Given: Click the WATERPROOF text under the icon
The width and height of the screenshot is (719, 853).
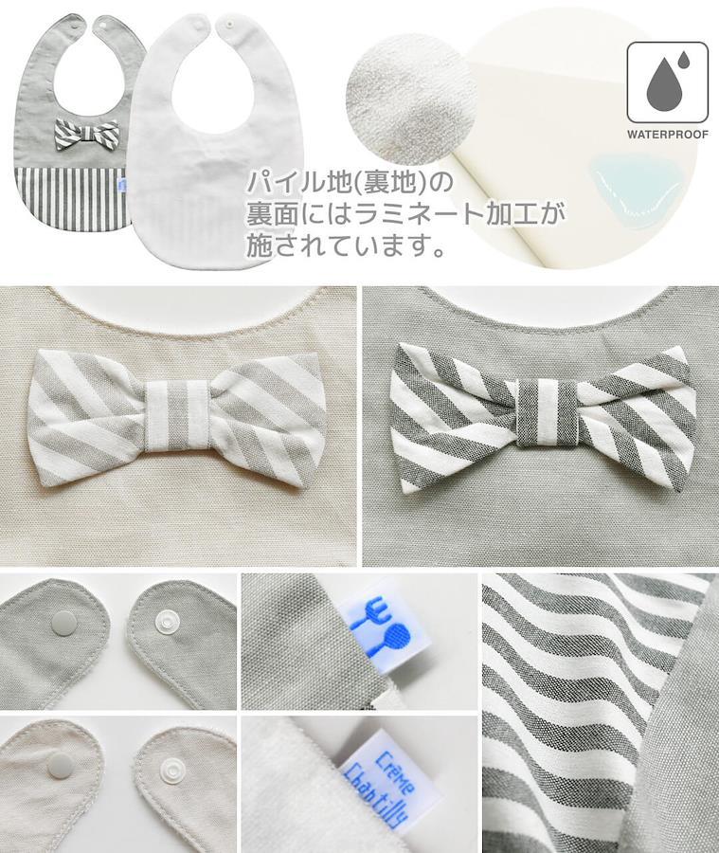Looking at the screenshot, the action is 668,134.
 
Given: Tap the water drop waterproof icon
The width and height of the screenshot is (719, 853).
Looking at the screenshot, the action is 668,82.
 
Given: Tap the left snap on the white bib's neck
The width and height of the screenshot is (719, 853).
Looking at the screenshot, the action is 197,26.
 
